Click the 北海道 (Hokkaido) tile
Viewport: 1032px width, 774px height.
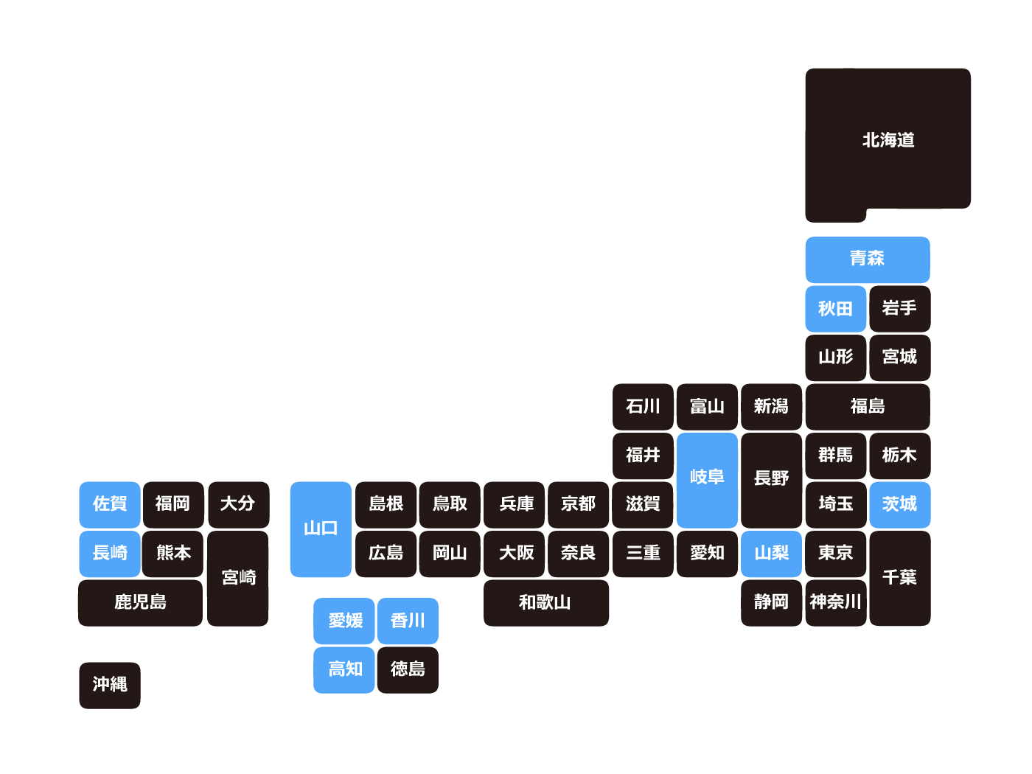click(x=888, y=140)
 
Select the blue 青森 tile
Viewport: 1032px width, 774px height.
click(x=867, y=259)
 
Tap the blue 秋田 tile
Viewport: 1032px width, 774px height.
click(x=835, y=308)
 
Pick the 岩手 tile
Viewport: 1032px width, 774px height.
click(x=899, y=308)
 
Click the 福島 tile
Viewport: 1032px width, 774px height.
click(x=867, y=406)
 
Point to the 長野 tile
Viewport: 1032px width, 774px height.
click(x=771, y=479)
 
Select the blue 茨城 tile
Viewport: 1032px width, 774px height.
click(x=899, y=504)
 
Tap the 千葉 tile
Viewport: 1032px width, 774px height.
click(x=899, y=578)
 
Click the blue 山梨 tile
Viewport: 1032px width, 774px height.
click(x=771, y=553)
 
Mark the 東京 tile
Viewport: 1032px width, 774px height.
click(x=835, y=553)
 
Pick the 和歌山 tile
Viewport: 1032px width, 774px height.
click(x=545, y=602)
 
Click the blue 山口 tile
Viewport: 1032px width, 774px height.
click(x=321, y=529)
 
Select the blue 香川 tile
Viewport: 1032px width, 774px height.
click(x=408, y=621)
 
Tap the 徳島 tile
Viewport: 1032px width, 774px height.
click(x=408, y=669)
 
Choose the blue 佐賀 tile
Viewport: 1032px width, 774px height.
click(x=110, y=504)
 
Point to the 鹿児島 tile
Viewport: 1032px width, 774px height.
click(x=140, y=602)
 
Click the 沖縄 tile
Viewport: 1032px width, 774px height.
click(x=110, y=685)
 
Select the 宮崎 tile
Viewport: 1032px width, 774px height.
click(x=238, y=578)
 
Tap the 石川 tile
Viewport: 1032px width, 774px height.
click(x=643, y=406)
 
